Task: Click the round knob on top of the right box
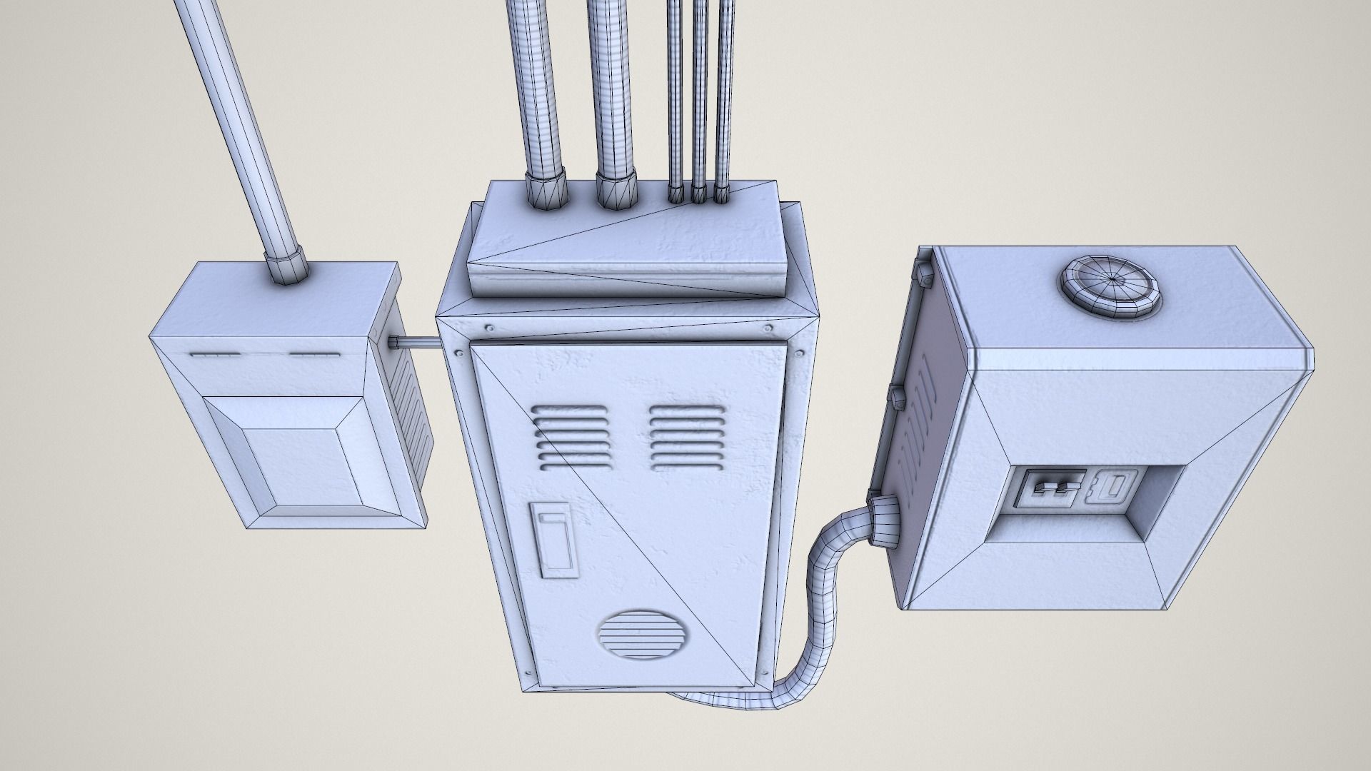pos(1107,284)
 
